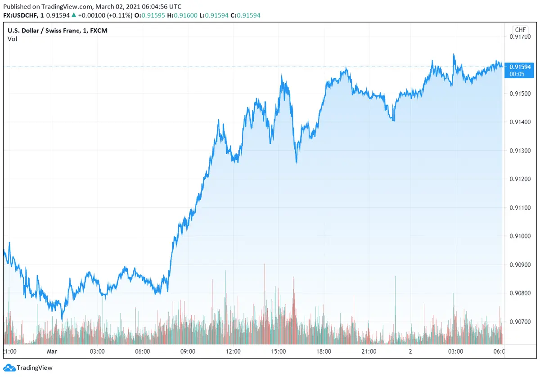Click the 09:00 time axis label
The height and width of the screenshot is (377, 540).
click(188, 351)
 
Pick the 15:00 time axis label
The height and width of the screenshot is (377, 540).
click(279, 351)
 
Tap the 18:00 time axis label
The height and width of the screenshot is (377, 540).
click(324, 351)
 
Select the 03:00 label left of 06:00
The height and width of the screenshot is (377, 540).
click(97, 351)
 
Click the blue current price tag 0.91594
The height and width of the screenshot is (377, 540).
click(521, 67)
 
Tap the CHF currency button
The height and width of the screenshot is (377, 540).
click(520, 30)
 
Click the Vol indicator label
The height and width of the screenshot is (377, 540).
click(12, 39)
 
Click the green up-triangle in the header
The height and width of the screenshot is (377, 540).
click(74, 15)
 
